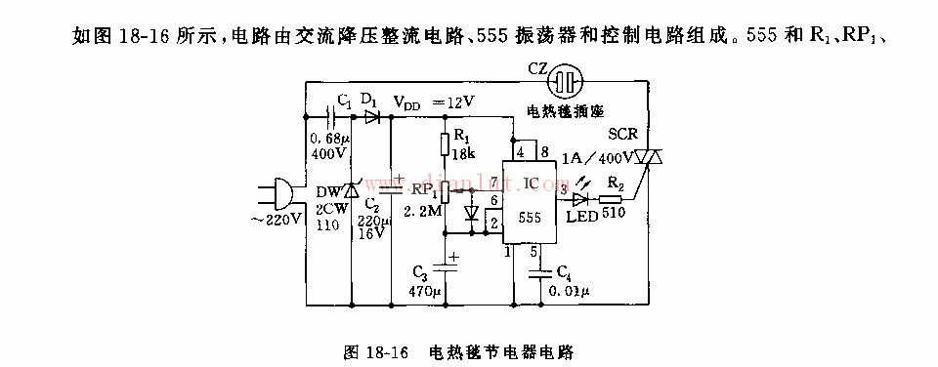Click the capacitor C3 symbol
446,262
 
